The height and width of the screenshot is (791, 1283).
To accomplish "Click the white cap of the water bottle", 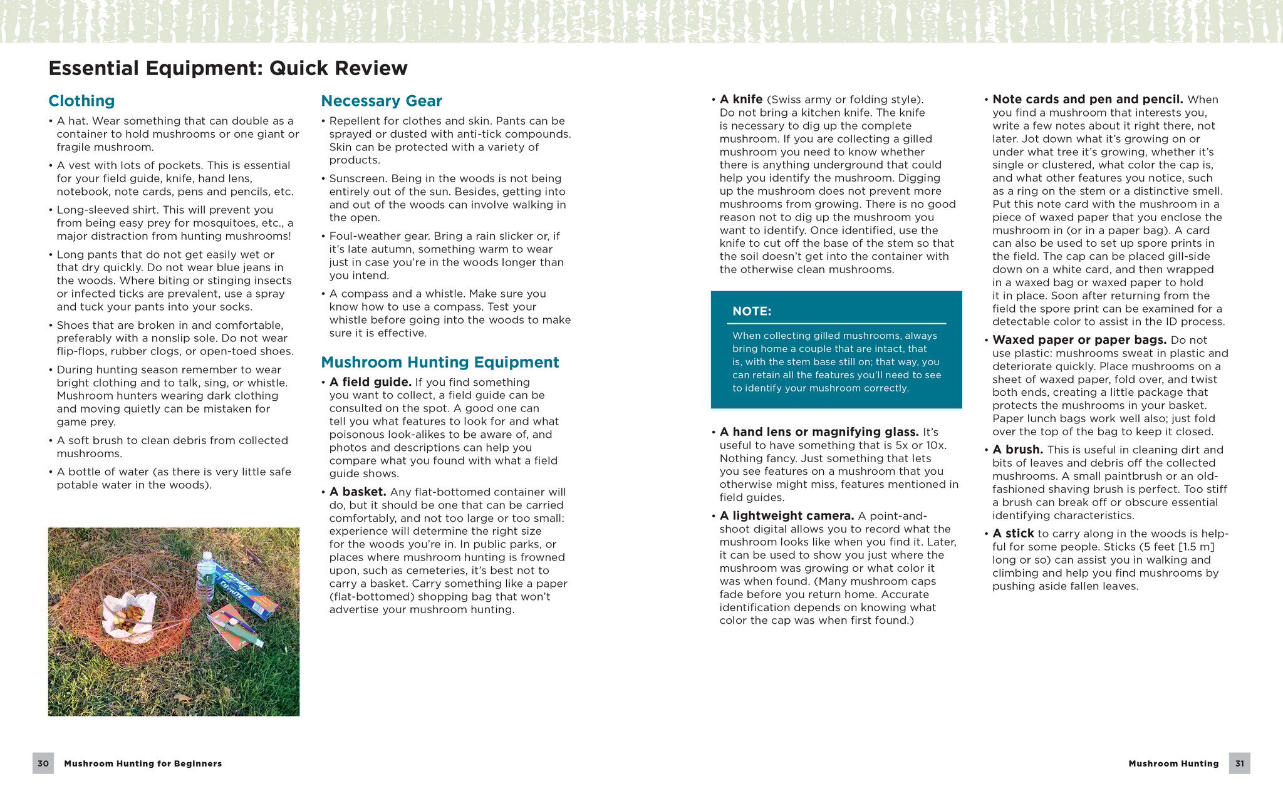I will coord(207,556).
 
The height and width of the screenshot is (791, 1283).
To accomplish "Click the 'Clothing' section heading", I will coord(81,101).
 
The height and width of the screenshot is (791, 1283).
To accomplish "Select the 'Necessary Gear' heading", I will coord(381,101).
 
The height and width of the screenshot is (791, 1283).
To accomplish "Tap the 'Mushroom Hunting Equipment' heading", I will coord(439,362).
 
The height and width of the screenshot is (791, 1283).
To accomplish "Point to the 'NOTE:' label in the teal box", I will coord(752,311).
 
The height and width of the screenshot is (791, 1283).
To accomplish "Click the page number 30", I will coord(43,763).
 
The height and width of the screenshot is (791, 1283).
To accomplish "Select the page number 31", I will coord(1239,763).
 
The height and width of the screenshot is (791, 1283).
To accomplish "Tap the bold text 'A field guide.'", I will coord(370,382).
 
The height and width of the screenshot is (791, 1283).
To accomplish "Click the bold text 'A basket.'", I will coord(358,492).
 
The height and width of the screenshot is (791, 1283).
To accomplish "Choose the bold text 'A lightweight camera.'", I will coord(787,515).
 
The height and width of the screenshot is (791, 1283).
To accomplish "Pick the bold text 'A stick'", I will coord(1013,534).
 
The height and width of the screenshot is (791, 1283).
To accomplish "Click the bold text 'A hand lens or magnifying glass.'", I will coord(819,432).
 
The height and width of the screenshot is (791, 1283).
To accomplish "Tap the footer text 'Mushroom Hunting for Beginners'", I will coord(143,763).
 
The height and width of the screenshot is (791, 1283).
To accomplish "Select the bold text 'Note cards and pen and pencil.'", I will coord(1088,99).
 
